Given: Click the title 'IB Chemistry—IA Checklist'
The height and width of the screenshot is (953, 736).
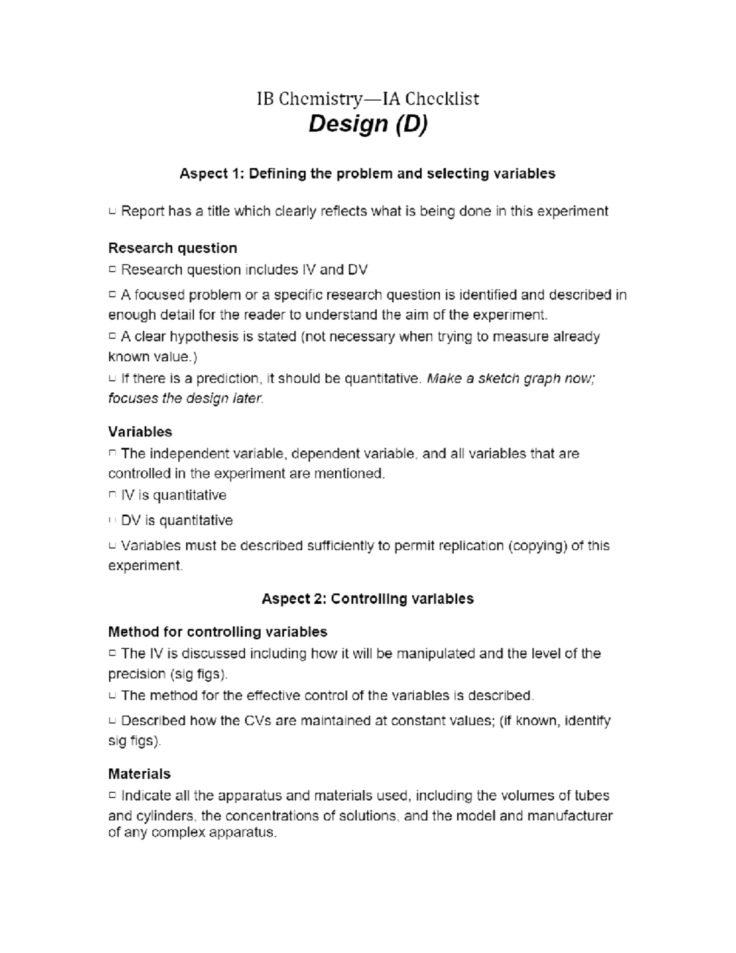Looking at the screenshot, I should [x=367, y=99].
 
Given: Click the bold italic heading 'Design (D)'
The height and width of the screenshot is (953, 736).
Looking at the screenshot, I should [x=367, y=124].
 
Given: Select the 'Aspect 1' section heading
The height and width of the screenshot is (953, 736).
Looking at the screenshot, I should [x=367, y=174].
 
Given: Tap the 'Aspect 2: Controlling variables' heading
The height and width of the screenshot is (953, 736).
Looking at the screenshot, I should [x=367, y=599].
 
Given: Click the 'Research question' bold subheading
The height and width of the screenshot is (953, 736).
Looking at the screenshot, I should [x=172, y=248].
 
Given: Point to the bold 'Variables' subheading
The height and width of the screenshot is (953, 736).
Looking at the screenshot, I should [x=140, y=431].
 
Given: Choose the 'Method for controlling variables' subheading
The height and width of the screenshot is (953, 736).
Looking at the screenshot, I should [x=217, y=631].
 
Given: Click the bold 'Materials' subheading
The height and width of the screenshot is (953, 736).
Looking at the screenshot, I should [x=139, y=773].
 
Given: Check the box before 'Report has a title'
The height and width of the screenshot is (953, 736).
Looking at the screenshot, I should [x=112, y=212].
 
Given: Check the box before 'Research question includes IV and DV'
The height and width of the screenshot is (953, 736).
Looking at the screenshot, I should [x=112, y=270].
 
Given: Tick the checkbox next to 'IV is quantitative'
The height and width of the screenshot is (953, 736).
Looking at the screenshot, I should [x=112, y=495].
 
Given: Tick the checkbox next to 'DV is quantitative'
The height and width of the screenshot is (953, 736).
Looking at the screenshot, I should [x=112, y=521].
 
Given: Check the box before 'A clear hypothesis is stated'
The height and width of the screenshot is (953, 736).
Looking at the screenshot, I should [x=112, y=337].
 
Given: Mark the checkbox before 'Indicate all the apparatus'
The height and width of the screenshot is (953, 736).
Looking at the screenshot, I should [x=112, y=796].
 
